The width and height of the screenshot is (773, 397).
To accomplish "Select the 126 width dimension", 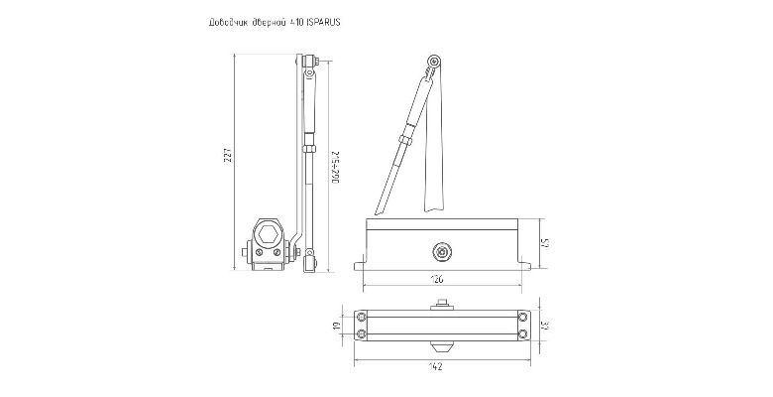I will [x=437, y=281].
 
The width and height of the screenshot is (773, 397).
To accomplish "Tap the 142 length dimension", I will [x=437, y=365].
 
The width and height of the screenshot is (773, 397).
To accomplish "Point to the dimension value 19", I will [x=338, y=326].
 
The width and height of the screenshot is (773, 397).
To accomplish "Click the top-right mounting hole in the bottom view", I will [x=522, y=317].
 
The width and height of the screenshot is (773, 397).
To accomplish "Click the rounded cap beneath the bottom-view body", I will [x=442, y=347].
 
